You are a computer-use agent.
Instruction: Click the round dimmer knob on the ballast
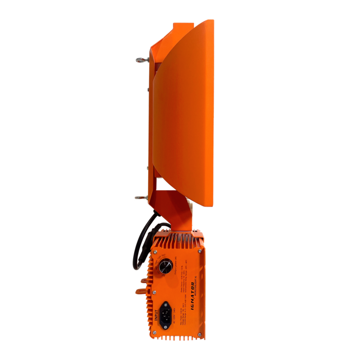(x=166, y=266)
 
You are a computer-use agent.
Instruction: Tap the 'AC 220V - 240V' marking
(x=174, y=311)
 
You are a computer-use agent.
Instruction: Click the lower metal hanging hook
(x=140, y=197)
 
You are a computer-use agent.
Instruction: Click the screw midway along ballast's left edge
(x=154, y=292)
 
